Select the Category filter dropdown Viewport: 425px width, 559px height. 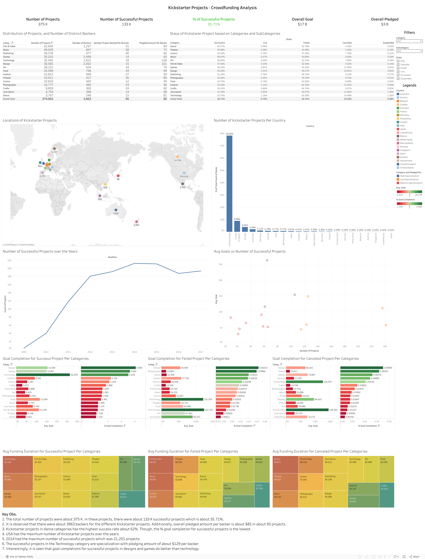[x=409, y=41]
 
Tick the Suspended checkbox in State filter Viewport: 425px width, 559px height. [x=398, y=79]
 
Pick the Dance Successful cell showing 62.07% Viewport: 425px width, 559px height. [x=221, y=46]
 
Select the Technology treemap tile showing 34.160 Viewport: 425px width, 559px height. [x=18, y=464]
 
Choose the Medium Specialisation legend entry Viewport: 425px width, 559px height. [x=411, y=183]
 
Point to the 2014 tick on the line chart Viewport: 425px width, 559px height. [x=134, y=352]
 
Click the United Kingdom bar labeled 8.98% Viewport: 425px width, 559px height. [x=237, y=226]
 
